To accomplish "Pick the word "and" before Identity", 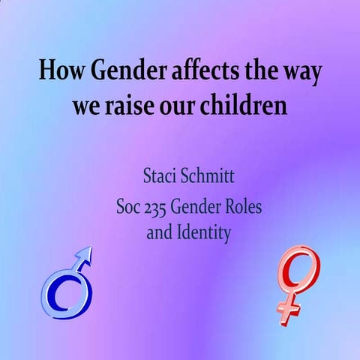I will coord(159,232).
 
